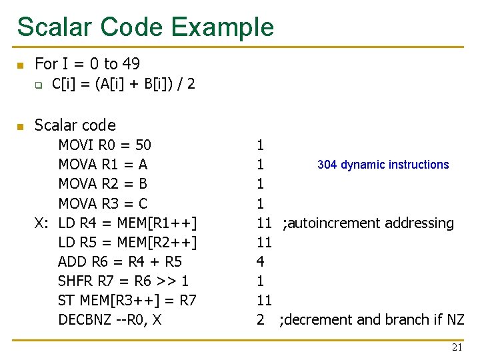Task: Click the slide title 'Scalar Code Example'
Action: pyautogui.click(x=145, y=27)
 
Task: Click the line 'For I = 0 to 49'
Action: pyautogui.click(x=87, y=64)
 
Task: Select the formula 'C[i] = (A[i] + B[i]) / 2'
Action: pyautogui.click(x=123, y=85)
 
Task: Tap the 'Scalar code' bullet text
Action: pyautogui.click(x=75, y=125)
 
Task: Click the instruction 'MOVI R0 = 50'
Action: pyautogui.click(x=105, y=145)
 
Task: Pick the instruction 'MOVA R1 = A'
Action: pyautogui.click(x=103, y=164)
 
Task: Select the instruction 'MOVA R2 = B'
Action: pyautogui.click(x=103, y=183)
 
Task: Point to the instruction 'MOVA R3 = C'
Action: pyautogui.click(x=103, y=203)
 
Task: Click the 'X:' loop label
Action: pyautogui.click(x=42, y=223)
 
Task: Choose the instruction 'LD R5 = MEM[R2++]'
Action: pyautogui.click(x=127, y=242)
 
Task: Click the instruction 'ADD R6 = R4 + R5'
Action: pyautogui.click(x=120, y=261)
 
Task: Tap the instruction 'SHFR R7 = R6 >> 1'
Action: pyautogui.click(x=123, y=281)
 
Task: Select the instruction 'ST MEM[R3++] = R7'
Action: pyautogui.click(x=127, y=300)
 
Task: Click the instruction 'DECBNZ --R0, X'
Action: pyautogui.click(x=110, y=320)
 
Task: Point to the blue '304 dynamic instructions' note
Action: pyautogui.click(x=383, y=165)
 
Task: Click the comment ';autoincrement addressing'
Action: pyautogui.click(x=368, y=223)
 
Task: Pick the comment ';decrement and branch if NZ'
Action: pyautogui.click(x=372, y=320)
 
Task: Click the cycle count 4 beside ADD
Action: pyautogui.click(x=260, y=261)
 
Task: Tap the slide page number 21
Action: pyautogui.click(x=457, y=347)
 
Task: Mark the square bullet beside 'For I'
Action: pyautogui.click(x=20, y=65)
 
